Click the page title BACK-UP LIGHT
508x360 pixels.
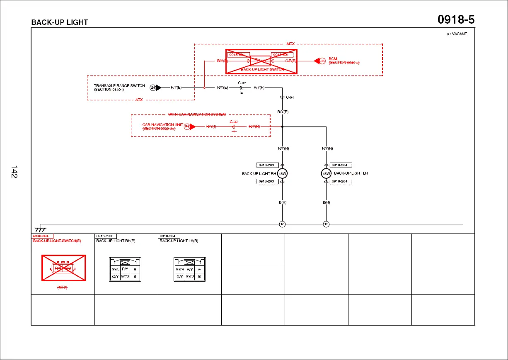[60, 22]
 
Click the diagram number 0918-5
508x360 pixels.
[456, 19]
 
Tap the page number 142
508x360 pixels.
[14, 172]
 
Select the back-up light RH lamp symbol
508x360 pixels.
[282, 174]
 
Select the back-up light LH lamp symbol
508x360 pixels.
[326, 174]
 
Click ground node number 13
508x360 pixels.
[282, 224]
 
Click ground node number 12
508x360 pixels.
[326, 224]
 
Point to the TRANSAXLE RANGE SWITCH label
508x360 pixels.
[119, 86]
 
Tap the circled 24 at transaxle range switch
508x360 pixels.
[153, 88]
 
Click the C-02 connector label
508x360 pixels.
[242, 83]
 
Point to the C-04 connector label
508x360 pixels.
[290, 97]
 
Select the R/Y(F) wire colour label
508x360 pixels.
[259, 88]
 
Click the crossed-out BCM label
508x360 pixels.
[333, 59]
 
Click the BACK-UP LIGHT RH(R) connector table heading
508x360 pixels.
[116, 241]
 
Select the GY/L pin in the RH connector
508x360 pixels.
[115, 269]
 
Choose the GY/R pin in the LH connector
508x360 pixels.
[180, 269]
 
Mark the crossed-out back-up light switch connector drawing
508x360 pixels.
[63, 268]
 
